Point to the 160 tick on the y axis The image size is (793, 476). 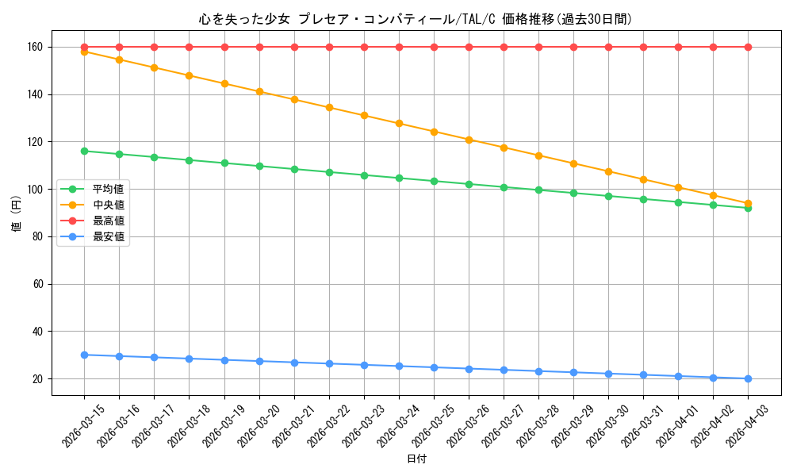click(35, 48)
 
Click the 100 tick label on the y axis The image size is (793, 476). click(35, 190)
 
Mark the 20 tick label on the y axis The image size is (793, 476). click(38, 379)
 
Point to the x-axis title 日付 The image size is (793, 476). click(416, 459)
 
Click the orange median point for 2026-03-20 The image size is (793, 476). click(259, 92)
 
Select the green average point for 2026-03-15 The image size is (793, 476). click(84, 151)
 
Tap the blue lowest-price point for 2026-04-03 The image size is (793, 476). click(748, 378)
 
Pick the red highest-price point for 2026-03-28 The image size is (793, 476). click(538, 47)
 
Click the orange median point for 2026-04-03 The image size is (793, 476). click(748, 203)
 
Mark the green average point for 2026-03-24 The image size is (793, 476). click(399, 178)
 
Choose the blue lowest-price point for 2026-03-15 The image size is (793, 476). click(84, 355)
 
